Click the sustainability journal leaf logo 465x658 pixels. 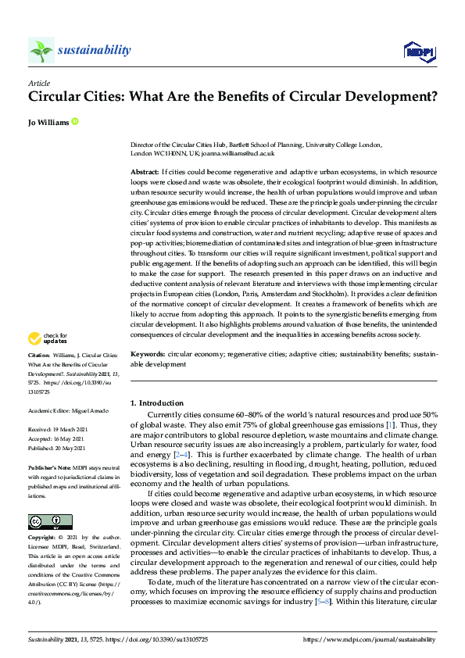pyautogui.click(x=41, y=50)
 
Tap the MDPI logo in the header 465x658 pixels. pyautogui.click(x=418, y=52)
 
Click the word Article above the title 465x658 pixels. pyautogui.click(x=39, y=82)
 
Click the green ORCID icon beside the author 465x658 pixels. pyautogui.click(x=75, y=121)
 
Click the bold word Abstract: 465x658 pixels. pyautogui.click(x=145, y=170)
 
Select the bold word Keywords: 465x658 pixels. pyautogui.click(x=147, y=354)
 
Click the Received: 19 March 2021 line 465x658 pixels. pyautogui.click(x=63, y=428)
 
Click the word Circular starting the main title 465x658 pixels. pyautogui.click(x=55, y=98)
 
